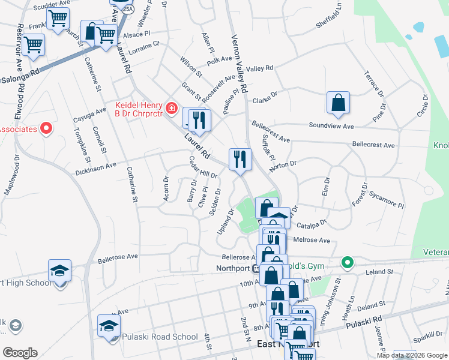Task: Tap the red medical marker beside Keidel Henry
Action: pyautogui.click(x=172, y=108)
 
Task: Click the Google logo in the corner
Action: pyautogui.click(x=20, y=352)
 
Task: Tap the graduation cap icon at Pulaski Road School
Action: pyautogui.click(x=109, y=326)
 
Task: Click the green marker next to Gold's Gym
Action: pyautogui.click(x=347, y=262)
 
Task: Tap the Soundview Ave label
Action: pyautogui.click(x=331, y=126)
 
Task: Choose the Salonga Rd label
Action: pyautogui.click(x=19, y=77)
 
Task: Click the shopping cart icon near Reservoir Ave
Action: pyautogui.click(x=34, y=44)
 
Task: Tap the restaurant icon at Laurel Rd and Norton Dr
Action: pyautogui.click(x=240, y=160)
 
